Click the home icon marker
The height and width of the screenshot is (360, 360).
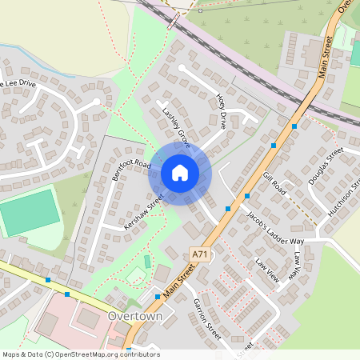pyautogui.click(x=180, y=173)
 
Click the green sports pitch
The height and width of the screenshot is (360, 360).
pyautogui.click(x=30, y=212)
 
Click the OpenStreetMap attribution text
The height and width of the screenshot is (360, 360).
pyautogui.click(x=80, y=354)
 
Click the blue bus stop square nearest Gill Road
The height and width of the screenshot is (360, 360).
pyautogui.click(x=247, y=195)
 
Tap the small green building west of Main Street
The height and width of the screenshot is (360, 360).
pyautogui.click(x=147, y=262)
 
